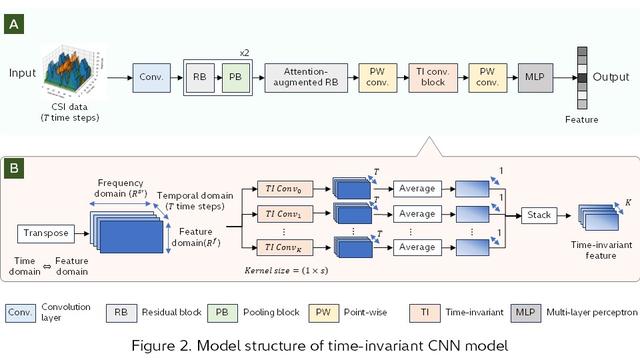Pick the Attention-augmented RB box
tap(299, 75)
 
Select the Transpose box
tap(46, 232)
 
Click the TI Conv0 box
tap(278, 187)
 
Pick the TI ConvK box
tap(278, 246)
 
